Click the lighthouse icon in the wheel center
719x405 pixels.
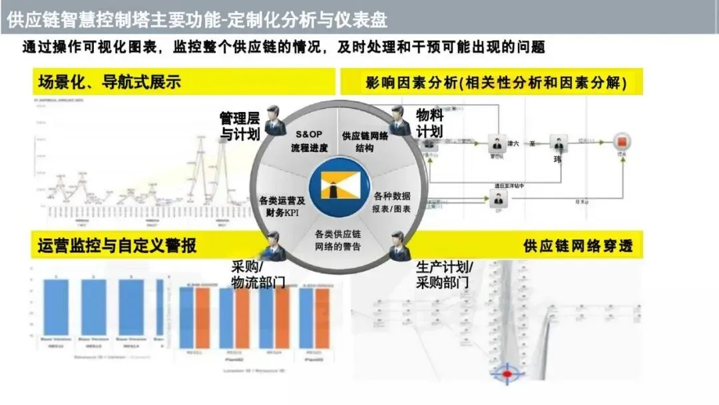(x=339, y=189)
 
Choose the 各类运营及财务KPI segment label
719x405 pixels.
(x=282, y=206)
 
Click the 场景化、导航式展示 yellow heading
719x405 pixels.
(x=110, y=83)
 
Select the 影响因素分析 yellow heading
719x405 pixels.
(x=495, y=83)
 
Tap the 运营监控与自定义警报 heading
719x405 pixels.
(x=117, y=246)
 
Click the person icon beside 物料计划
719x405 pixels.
(x=400, y=120)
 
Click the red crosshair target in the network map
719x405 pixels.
(x=509, y=374)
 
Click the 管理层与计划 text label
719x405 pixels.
(x=240, y=126)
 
